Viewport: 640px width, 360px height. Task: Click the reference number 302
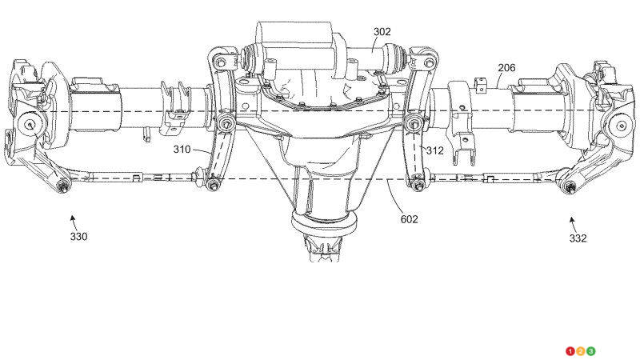click(x=382, y=32)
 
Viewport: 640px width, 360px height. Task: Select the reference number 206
click(x=506, y=68)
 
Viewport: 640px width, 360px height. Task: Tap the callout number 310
click(x=182, y=150)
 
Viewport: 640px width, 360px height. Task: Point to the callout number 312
click(x=434, y=150)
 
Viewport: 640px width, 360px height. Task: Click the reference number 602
click(x=409, y=219)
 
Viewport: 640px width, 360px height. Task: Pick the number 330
click(x=78, y=236)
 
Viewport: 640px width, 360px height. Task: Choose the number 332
click(x=578, y=238)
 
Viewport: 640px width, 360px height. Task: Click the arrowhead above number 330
click(x=72, y=218)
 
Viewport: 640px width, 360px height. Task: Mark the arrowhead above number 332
click(x=572, y=220)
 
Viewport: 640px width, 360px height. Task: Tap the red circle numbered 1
click(x=570, y=351)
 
